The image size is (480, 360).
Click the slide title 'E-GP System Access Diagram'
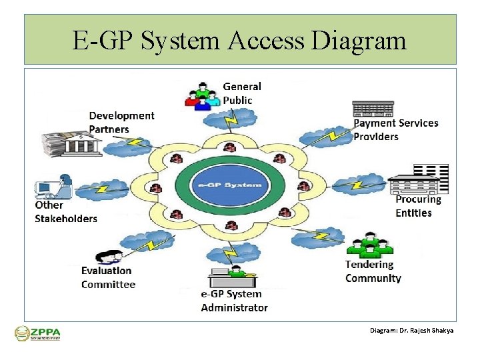pos(239,41)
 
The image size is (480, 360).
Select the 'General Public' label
pos(241,93)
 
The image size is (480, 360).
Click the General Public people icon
pos(203,95)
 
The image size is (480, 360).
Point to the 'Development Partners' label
pos(121,122)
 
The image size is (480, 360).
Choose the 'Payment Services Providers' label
pos(395,129)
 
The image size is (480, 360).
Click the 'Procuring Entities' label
pos(418,206)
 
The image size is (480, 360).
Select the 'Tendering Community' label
pos(373,271)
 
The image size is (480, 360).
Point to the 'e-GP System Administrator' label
pos(234,301)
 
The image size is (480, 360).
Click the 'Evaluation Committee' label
pos(108,277)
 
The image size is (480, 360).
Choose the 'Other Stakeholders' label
pos(65,212)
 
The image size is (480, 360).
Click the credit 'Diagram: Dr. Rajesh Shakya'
pos(411,330)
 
